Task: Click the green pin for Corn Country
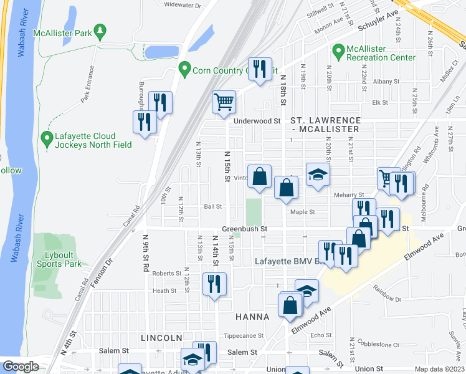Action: pos(184,67)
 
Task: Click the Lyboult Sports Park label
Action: pos(55,259)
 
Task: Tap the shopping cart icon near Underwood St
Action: pos(224,102)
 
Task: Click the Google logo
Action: pos(21,367)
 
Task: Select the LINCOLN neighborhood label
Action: pos(161,337)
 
